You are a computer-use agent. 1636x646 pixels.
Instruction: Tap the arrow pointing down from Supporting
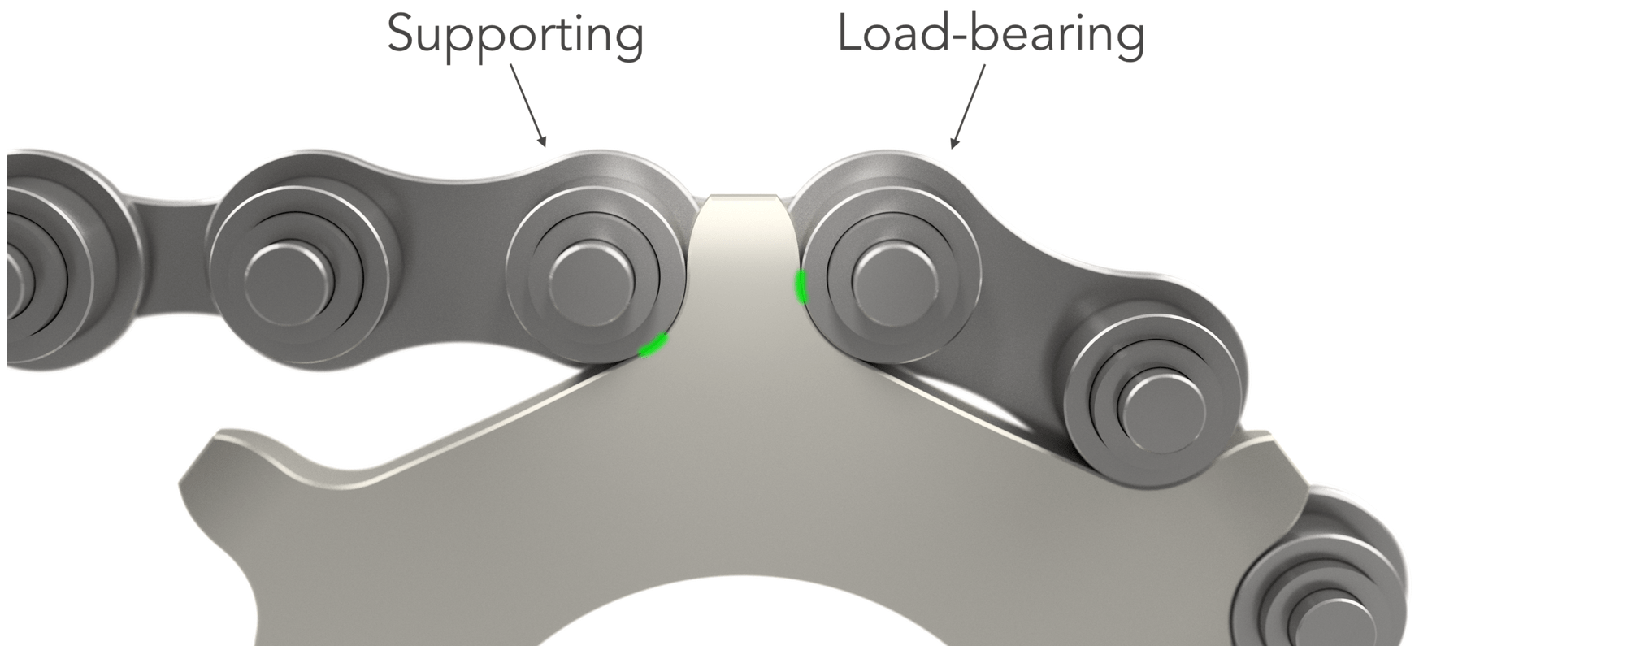pos(528,106)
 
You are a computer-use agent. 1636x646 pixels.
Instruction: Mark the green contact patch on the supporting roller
pos(653,345)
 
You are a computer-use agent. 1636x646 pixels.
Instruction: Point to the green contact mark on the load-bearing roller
pos(801,286)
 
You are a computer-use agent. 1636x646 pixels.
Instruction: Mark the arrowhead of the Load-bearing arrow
pos(954,143)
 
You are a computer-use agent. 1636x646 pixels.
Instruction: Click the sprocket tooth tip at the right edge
pos(1280,455)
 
